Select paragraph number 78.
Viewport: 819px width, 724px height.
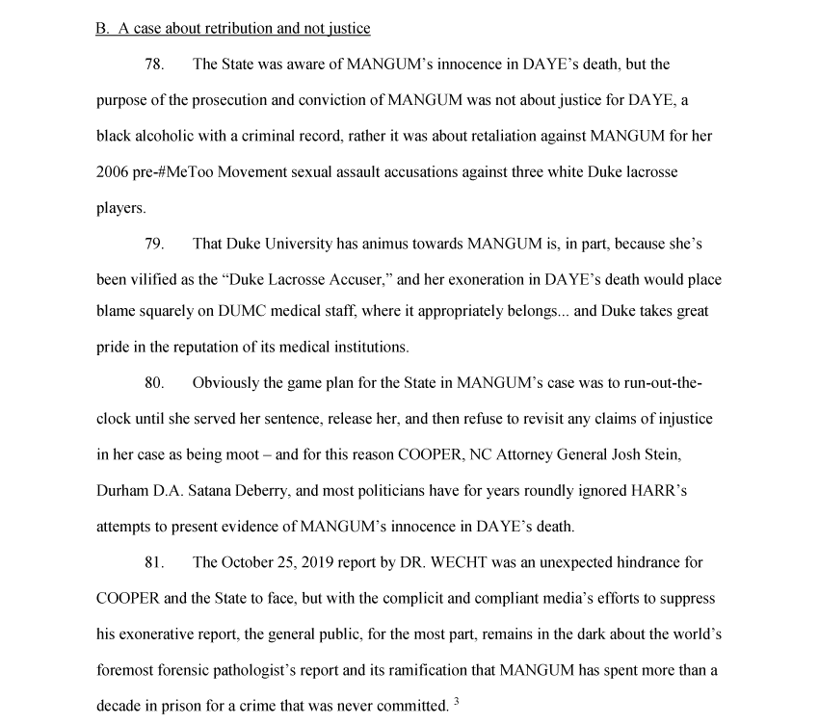coord(154,65)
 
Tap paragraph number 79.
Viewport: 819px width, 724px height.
coord(154,244)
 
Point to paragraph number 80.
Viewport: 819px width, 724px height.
coord(154,383)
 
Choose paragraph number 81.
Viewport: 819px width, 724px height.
coord(154,562)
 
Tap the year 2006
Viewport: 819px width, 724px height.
coord(112,171)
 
